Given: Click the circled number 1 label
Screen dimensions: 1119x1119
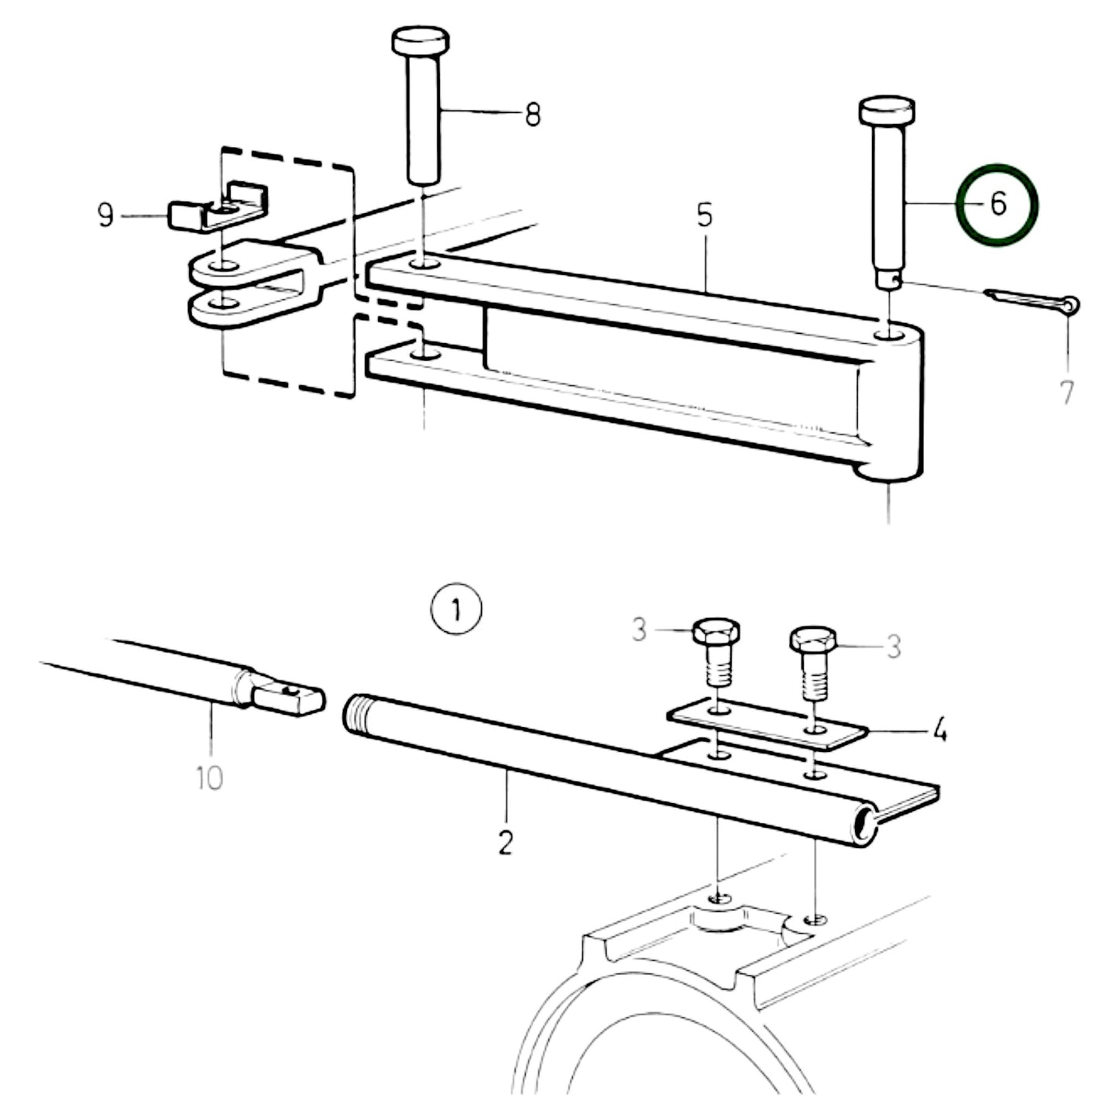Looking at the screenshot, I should click(456, 611).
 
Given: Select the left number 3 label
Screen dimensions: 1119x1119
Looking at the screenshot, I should click(638, 630).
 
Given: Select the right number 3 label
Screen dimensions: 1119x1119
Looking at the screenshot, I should click(894, 647).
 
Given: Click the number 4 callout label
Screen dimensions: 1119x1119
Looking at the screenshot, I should click(939, 729).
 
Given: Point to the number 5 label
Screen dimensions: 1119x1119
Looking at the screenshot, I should click(704, 215).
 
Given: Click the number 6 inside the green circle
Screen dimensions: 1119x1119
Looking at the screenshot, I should click(997, 205).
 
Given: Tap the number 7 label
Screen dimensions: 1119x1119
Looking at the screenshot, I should click(1067, 393).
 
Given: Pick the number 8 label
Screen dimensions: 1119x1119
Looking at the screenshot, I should click(532, 115).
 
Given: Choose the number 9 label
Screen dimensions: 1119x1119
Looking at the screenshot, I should click(106, 215).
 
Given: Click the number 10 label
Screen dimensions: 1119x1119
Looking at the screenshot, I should click(210, 777).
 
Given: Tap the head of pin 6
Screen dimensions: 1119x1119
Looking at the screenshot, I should click(887, 112).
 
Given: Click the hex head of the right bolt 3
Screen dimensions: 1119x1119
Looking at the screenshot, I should click(814, 640).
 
